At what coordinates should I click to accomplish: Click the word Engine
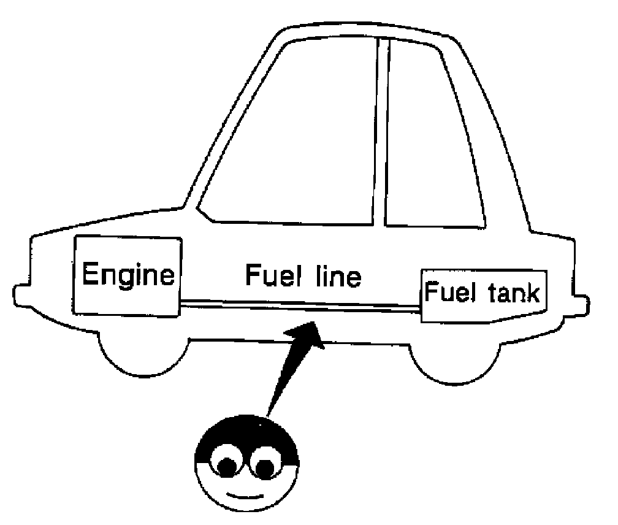[128, 275]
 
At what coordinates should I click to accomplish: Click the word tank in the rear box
[511, 293]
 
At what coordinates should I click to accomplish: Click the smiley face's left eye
[224, 464]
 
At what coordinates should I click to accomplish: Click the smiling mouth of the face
[242, 494]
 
